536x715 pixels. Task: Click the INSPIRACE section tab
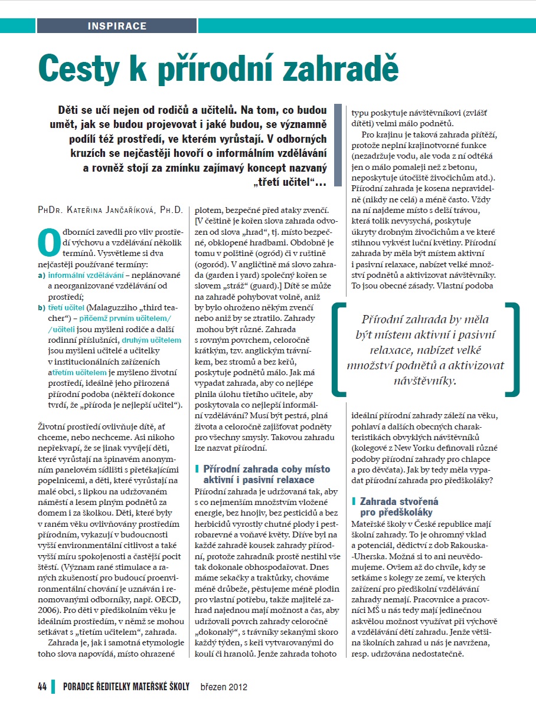point(117,26)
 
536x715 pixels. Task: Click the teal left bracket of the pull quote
point(339,348)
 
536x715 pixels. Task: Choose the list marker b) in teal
point(42,307)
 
